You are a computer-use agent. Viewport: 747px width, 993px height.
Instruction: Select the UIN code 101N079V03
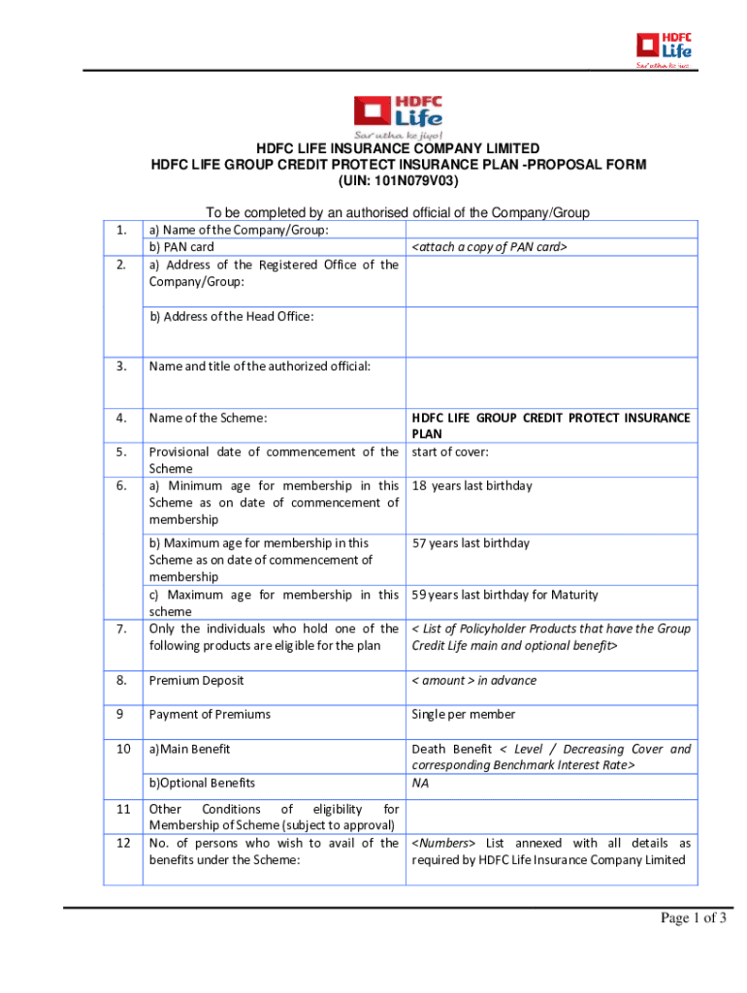point(398,180)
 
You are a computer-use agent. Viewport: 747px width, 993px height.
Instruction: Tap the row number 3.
point(121,367)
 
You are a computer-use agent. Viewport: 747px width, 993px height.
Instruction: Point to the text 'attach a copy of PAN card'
point(488,247)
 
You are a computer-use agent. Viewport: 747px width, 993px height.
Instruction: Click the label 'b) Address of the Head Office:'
point(231,316)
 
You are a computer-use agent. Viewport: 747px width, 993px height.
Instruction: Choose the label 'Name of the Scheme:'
point(208,418)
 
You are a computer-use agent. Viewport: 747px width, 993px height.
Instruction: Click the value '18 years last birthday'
point(471,486)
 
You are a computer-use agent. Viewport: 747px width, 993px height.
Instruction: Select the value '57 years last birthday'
point(471,543)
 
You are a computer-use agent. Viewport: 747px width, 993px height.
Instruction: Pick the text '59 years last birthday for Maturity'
point(504,594)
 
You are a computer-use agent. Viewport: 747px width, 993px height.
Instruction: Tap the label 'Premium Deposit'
point(196,681)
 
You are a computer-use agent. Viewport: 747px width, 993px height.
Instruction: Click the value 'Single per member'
point(461,715)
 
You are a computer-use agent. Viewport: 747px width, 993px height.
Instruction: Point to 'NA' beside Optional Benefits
point(420,783)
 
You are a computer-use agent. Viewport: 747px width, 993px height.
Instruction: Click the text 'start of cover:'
point(449,452)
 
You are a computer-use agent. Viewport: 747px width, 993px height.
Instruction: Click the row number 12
point(123,843)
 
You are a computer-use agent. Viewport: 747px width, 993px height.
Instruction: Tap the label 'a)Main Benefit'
point(189,749)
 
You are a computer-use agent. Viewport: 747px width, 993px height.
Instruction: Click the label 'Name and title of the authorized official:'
point(259,367)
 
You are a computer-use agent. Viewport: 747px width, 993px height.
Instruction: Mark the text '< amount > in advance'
point(473,681)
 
